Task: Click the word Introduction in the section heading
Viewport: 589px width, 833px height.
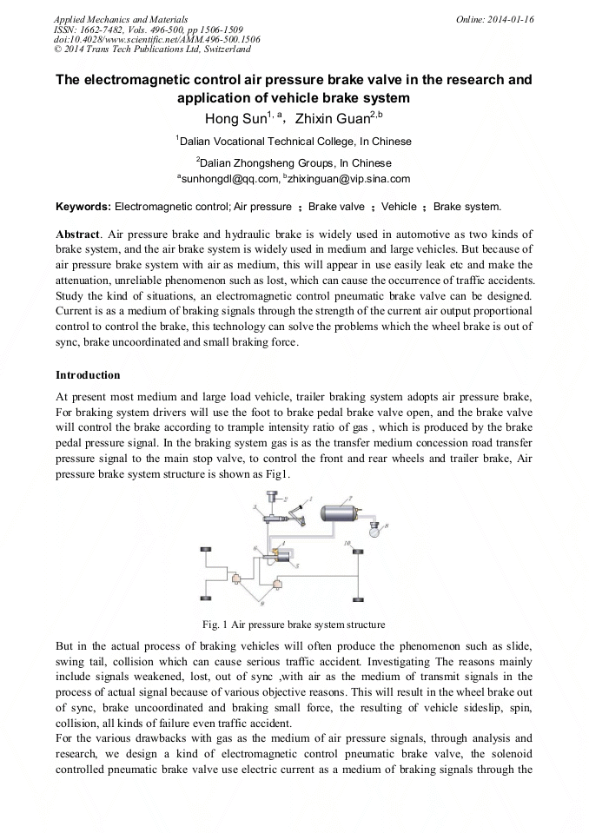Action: [x=88, y=375]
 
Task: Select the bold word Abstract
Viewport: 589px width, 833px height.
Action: [x=76, y=235]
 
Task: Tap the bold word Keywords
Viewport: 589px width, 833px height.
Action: [x=83, y=207]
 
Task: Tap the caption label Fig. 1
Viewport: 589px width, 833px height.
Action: [x=215, y=625]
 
